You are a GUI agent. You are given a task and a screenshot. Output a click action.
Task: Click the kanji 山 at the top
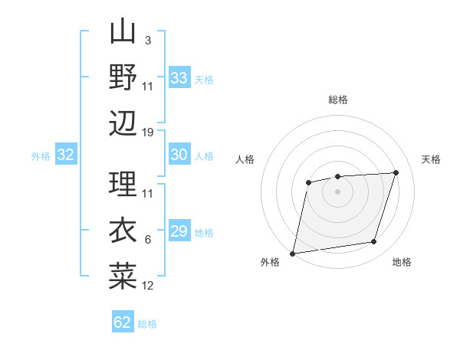tap(123, 32)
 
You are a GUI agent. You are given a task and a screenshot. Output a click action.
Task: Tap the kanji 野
tap(123, 77)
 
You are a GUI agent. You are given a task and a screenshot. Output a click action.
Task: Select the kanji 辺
tap(123, 123)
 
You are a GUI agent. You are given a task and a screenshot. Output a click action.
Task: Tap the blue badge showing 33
tap(179, 78)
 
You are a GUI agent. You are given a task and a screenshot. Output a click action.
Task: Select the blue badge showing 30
tap(179, 155)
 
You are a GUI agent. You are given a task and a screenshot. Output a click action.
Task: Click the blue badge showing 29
tap(179, 231)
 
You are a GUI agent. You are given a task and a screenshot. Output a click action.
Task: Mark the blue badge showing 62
tap(123, 322)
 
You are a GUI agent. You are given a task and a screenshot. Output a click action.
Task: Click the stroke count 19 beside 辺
tap(148, 133)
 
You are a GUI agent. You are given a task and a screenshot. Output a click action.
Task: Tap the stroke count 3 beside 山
tap(147, 40)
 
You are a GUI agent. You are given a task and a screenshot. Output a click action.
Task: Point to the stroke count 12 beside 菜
tap(148, 286)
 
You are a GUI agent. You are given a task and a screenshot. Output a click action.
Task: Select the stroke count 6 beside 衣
tap(147, 240)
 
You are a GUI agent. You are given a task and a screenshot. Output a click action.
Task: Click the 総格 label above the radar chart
tap(337, 100)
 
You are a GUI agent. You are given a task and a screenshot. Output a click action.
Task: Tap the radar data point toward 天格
tap(396, 172)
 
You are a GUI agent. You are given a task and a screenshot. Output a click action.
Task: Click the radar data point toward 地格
tap(374, 242)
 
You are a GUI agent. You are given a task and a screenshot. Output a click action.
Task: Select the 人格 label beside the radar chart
tap(245, 159)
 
